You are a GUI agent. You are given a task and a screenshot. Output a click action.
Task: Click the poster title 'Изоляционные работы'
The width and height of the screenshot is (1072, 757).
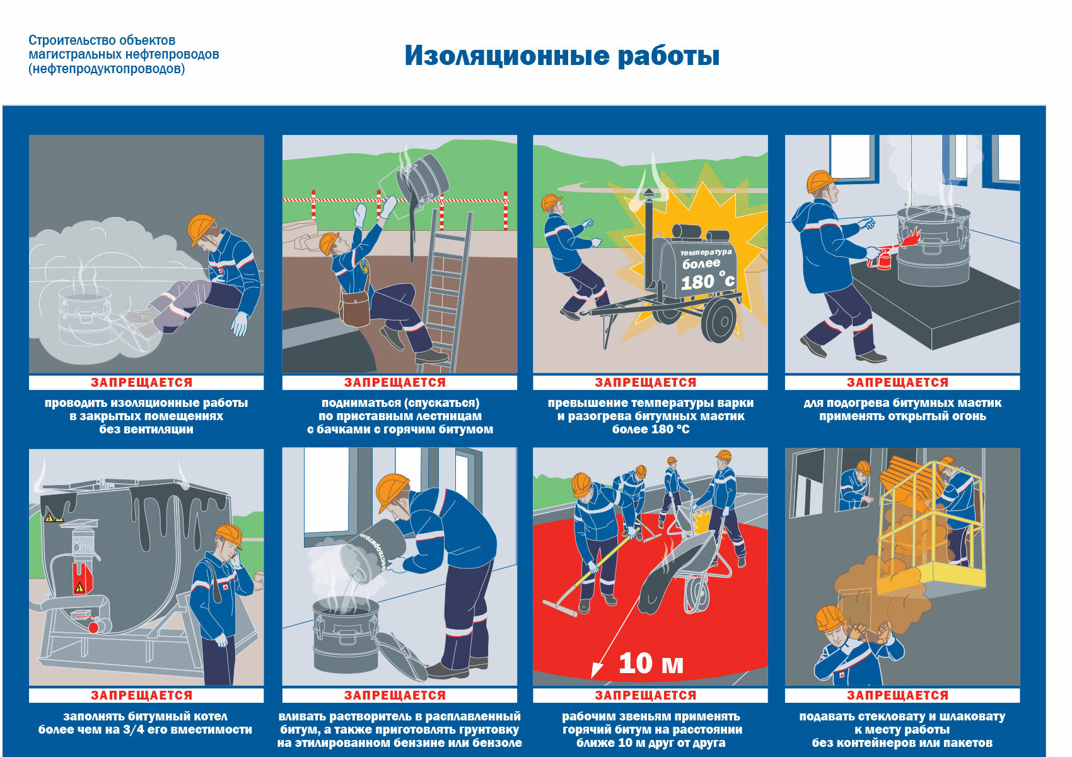pyautogui.click(x=561, y=56)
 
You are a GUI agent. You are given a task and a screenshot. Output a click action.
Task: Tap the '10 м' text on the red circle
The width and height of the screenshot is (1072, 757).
pyautogui.click(x=650, y=663)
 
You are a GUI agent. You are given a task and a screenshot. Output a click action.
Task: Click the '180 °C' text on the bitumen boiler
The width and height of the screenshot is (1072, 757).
pyautogui.click(x=707, y=280)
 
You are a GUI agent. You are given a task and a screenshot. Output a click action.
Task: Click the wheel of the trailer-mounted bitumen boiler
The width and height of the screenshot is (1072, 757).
pyautogui.click(x=719, y=320)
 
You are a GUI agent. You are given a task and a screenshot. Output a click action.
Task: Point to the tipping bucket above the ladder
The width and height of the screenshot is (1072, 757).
pyautogui.click(x=421, y=175)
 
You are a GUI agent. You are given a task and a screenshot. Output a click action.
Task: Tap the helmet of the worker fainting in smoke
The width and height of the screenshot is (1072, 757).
pyautogui.click(x=201, y=228)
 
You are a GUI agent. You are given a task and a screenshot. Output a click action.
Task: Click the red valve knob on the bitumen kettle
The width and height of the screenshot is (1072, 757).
pyautogui.click(x=94, y=627)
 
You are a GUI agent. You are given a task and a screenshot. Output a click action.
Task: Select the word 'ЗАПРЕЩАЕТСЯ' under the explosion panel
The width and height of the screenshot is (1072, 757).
pyautogui.click(x=645, y=382)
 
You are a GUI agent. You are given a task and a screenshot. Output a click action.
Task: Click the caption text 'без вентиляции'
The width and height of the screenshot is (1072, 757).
pyautogui.click(x=146, y=430)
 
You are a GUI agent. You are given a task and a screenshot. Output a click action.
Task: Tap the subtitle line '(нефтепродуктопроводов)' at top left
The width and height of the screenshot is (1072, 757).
pyautogui.click(x=107, y=69)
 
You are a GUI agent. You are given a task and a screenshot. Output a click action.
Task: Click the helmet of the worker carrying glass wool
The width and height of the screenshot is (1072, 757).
pyautogui.click(x=829, y=618)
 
